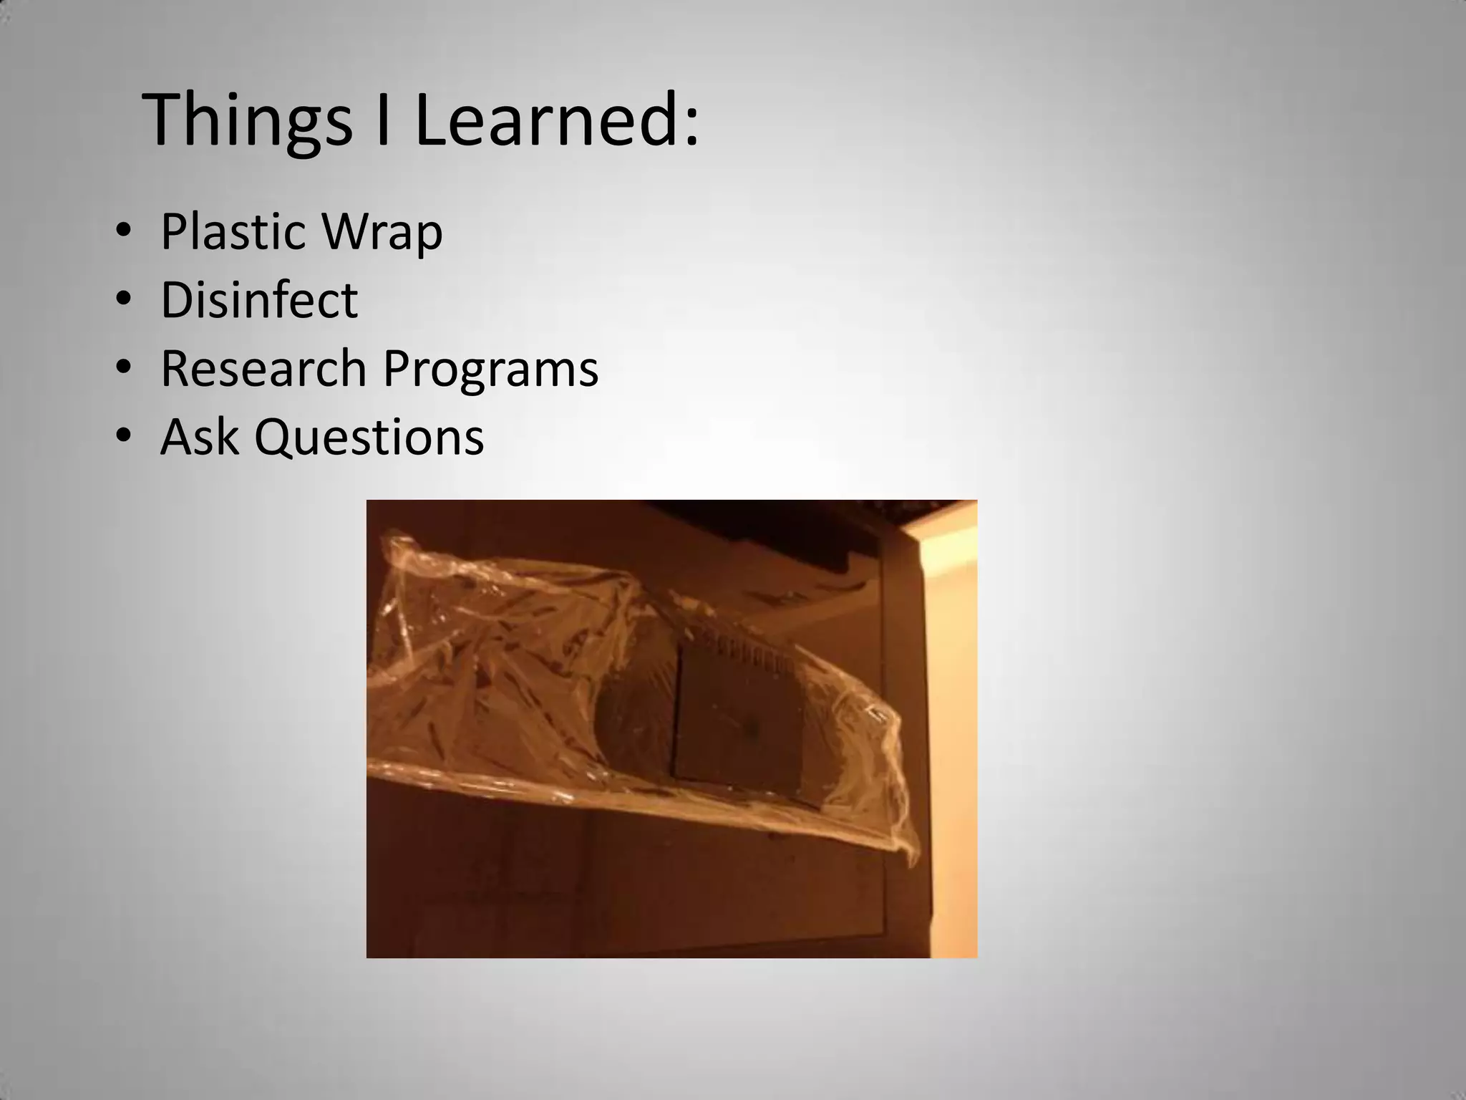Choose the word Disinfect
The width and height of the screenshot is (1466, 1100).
259,299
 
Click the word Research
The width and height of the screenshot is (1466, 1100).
263,368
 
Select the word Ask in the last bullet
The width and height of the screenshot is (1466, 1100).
199,436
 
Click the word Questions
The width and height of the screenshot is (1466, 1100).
369,438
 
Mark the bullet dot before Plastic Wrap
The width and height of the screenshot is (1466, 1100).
123,231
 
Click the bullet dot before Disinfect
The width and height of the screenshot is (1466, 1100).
123,299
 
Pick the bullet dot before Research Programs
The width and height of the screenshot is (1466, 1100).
123,367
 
